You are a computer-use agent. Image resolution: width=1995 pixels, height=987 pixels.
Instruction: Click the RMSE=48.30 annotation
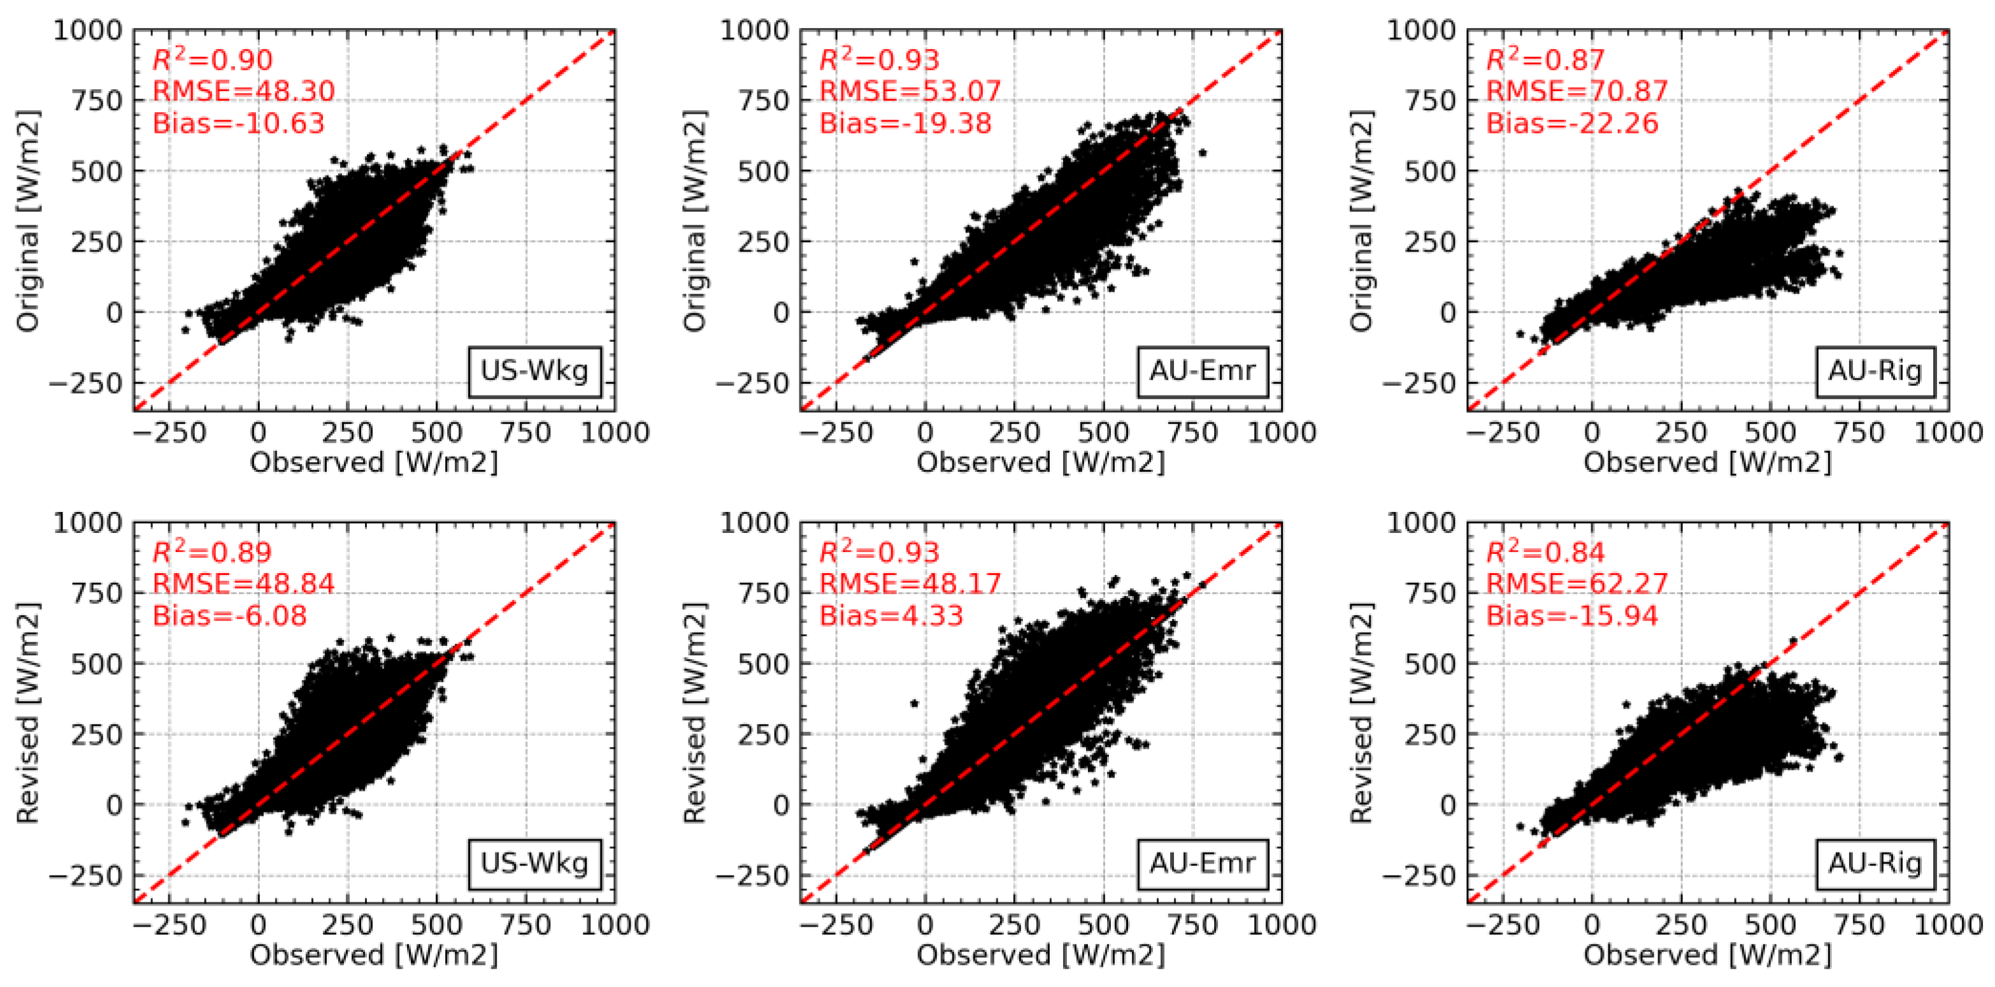tap(243, 91)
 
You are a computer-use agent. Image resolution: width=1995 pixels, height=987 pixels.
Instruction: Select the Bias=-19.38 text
tap(905, 123)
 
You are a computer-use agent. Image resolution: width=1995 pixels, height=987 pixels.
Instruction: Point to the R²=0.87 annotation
tap(1545, 60)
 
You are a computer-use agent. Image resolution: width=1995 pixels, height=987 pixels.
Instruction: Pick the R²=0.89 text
tap(212, 552)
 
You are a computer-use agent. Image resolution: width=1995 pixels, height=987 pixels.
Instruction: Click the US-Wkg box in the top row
tap(534, 371)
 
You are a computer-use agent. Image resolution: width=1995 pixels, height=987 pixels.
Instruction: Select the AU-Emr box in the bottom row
tap(1202, 863)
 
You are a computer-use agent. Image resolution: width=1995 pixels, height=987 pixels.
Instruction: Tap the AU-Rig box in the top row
tap(1874, 371)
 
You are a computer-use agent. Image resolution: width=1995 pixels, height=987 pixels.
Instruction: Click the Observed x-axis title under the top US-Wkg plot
tap(374, 462)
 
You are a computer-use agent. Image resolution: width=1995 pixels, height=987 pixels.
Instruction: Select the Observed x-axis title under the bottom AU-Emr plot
tap(1041, 955)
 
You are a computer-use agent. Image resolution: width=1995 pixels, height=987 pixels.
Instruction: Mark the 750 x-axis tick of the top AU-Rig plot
tap(1859, 432)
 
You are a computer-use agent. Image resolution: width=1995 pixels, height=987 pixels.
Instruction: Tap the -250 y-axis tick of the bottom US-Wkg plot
tap(87, 876)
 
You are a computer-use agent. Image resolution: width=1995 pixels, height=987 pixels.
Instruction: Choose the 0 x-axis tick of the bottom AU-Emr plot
tap(925, 925)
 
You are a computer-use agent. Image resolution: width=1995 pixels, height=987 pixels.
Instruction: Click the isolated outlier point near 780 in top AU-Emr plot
tap(1202, 152)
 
